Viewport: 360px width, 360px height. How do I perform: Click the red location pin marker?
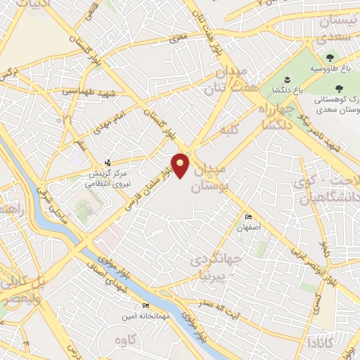click(181, 165)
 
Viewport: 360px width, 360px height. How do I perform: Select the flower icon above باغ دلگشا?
click(287, 79)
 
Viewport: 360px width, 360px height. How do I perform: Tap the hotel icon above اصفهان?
click(247, 217)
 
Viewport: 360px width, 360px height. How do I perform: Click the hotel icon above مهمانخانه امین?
click(146, 305)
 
